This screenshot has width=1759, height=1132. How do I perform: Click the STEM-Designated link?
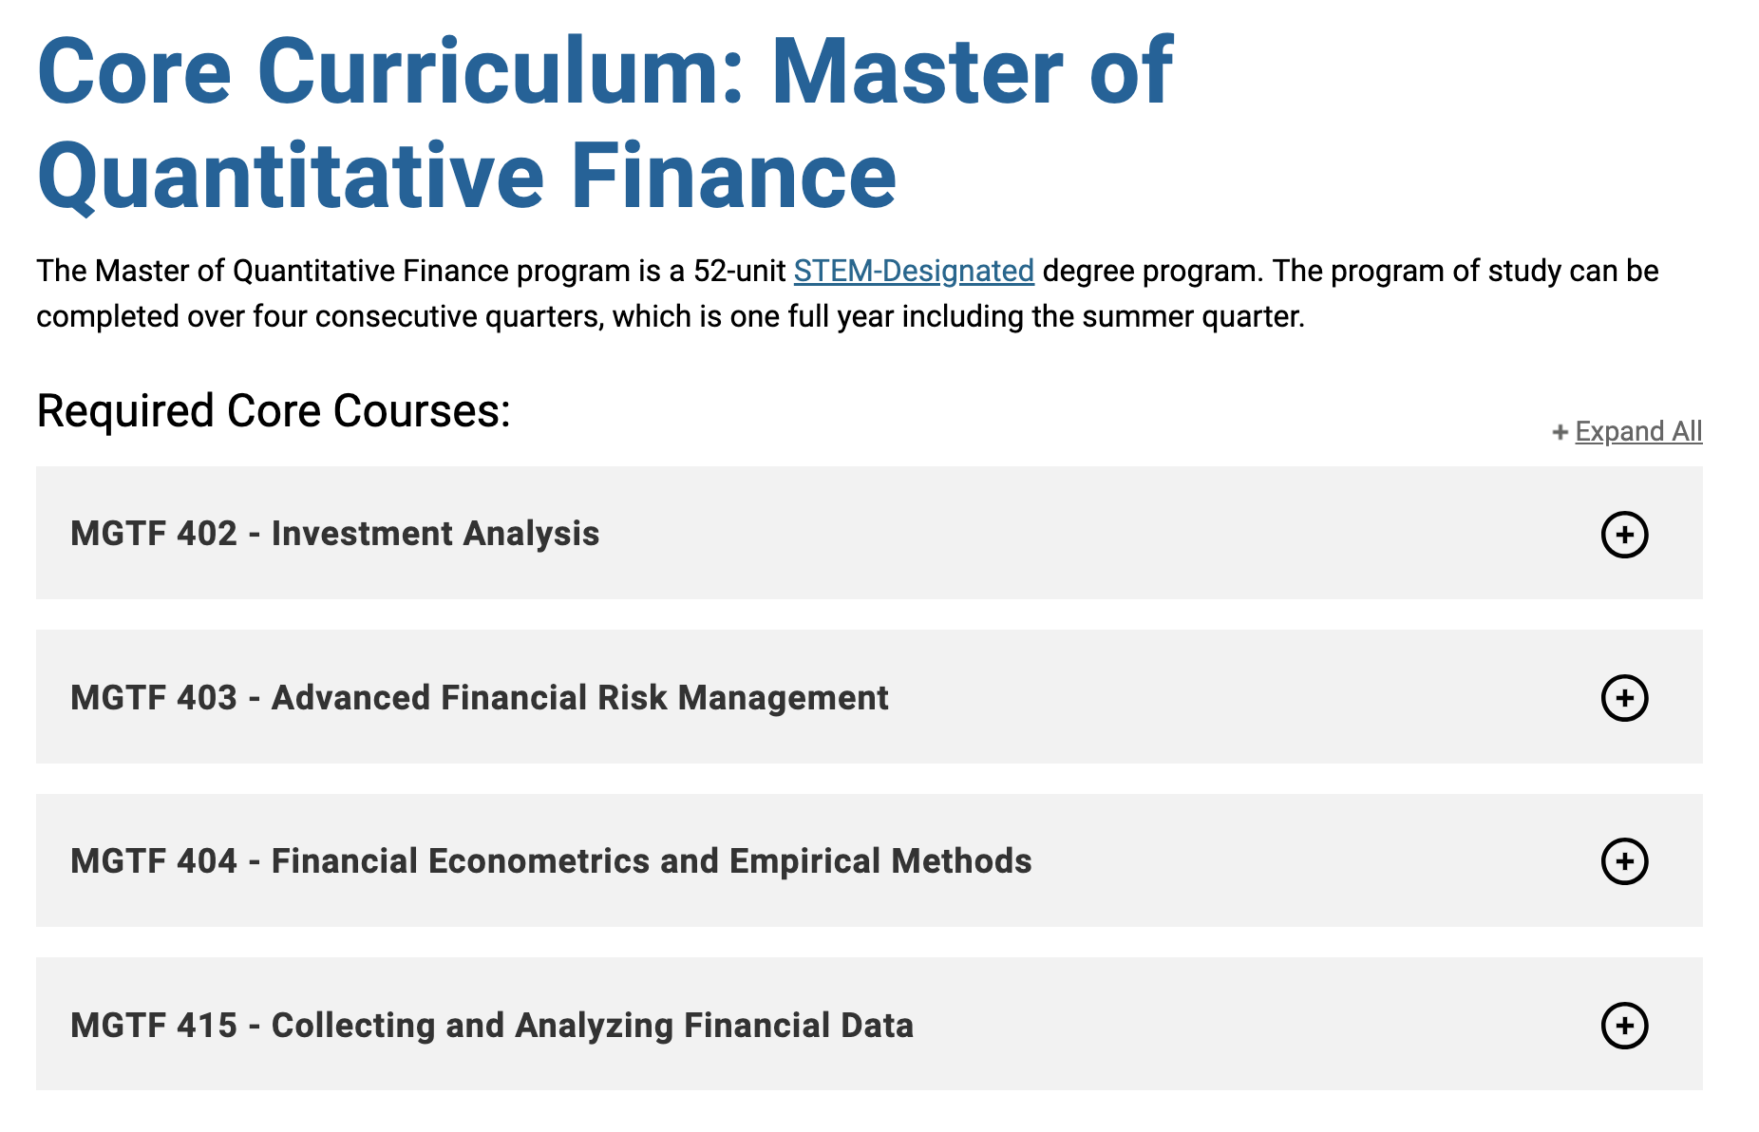(914, 271)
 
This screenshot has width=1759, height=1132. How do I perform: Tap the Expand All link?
(1638, 431)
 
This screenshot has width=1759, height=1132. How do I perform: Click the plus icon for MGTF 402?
(1624, 535)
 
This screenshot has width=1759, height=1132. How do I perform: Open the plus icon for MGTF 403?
(1624, 698)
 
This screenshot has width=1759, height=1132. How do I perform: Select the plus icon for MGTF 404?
(1624, 861)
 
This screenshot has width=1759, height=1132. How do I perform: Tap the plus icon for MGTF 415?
(1624, 1026)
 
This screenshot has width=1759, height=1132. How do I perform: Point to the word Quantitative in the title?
(291, 177)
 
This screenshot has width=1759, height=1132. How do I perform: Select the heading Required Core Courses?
(274, 411)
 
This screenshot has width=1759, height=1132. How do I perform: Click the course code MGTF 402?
(154, 534)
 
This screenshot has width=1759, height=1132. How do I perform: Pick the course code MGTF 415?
(154, 1026)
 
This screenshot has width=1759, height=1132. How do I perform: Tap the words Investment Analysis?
(435, 535)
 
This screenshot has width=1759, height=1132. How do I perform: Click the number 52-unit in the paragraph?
(739, 271)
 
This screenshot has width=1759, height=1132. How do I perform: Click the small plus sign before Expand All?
(1560, 433)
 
